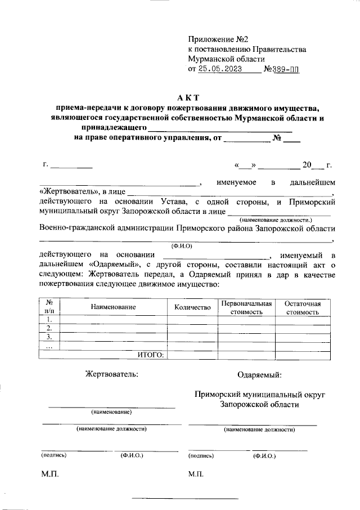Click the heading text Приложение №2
pyautogui.click(x=218, y=39)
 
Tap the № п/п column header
pyautogui.click(x=49, y=307)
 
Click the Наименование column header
pyautogui.click(x=112, y=307)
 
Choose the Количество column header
pyautogui.click(x=192, y=307)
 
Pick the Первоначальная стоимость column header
pyautogui.click(x=246, y=307)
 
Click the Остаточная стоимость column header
pyautogui.click(x=303, y=307)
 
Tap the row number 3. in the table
pyautogui.click(x=49, y=337)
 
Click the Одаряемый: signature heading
pyautogui.click(x=260, y=374)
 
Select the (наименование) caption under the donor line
pyautogui.click(x=111, y=412)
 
